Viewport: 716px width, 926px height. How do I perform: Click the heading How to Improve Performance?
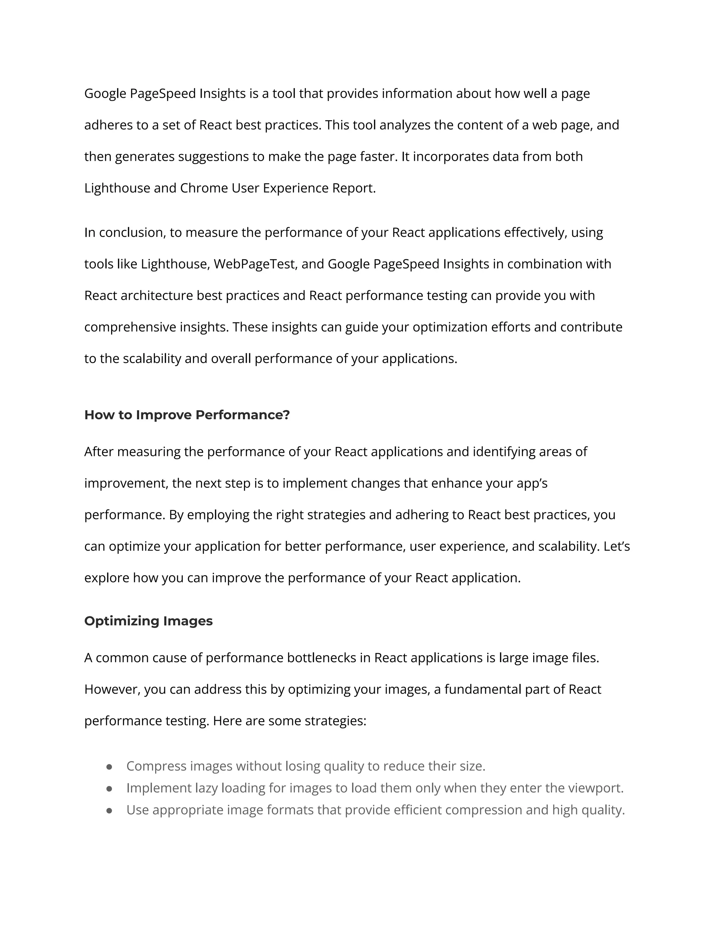187,415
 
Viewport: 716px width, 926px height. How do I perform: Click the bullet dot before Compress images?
109,767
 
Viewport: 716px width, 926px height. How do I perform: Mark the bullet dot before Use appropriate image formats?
109,810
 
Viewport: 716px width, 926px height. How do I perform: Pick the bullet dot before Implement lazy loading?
109,789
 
